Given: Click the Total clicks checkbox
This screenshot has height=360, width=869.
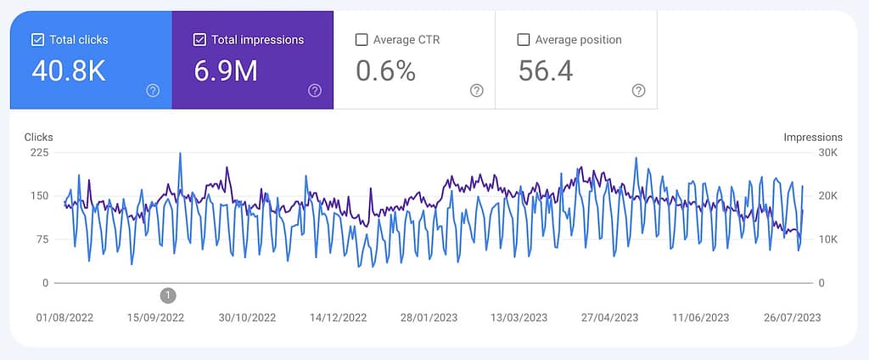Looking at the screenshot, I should pyautogui.click(x=37, y=39).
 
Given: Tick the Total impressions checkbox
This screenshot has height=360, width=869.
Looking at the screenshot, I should pyautogui.click(x=199, y=39).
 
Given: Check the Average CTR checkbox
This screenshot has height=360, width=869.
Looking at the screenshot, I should pyautogui.click(x=362, y=39).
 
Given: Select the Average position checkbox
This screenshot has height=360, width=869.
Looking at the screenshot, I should pyautogui.click(x=524, y=39).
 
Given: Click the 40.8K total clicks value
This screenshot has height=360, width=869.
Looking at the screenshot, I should pyautogui.click(x=69, y=71).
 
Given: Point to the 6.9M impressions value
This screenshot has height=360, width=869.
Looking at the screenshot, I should pyautogui.click(x=226, y=71).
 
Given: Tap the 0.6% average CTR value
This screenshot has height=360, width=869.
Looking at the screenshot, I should pyautogui.click(x=385, y=71).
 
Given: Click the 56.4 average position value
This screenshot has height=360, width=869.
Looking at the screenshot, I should pyautogui.click(x=546, y=71).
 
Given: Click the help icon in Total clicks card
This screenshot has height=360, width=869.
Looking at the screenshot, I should pyautogui.click(x=153, y=91).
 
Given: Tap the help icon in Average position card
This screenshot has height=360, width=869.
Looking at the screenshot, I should pyautogui.click(x=638, y=91).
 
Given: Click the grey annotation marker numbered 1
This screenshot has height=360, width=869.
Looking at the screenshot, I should pyautogui.click(x=168, y=295).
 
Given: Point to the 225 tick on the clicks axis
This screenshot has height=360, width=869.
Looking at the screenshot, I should pyautogui.click(x=39, y=153).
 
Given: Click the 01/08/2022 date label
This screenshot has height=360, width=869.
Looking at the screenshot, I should pyautogui.click(x=64, y=318).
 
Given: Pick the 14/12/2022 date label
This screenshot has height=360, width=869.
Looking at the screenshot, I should pyautogui.click(x=338, y=318).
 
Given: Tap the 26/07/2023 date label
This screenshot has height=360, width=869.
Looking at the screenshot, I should pyautogui.click(x=792, y=318).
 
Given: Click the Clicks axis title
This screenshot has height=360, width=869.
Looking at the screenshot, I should pyautogui.click(x=38, y=137).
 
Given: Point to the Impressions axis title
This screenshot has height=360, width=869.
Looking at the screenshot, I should pyautogui.click(x=812, y=137).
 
